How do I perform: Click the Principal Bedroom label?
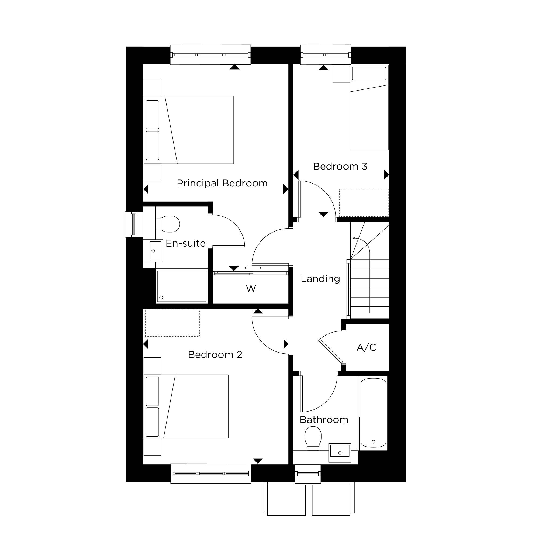[222, 183]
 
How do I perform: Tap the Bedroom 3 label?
[340, 166]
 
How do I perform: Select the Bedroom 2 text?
[215, 355]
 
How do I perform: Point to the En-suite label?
[185, 243]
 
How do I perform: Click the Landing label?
[320, 279]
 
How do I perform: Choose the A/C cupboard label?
[366, 347]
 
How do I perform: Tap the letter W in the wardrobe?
[251, 288]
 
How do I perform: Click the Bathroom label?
[324, 420]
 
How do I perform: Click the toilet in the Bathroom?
[313, 438]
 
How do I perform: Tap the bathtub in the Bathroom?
[373, 413]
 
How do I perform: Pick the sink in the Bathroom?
[340, 452]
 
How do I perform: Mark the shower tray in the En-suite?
[182, 286]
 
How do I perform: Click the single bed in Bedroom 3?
[369, 108]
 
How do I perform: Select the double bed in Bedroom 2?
[186, 406]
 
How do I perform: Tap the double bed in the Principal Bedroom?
[189, 130]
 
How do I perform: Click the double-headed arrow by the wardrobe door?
[253, 268]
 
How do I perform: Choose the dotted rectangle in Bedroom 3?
[364, 203]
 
